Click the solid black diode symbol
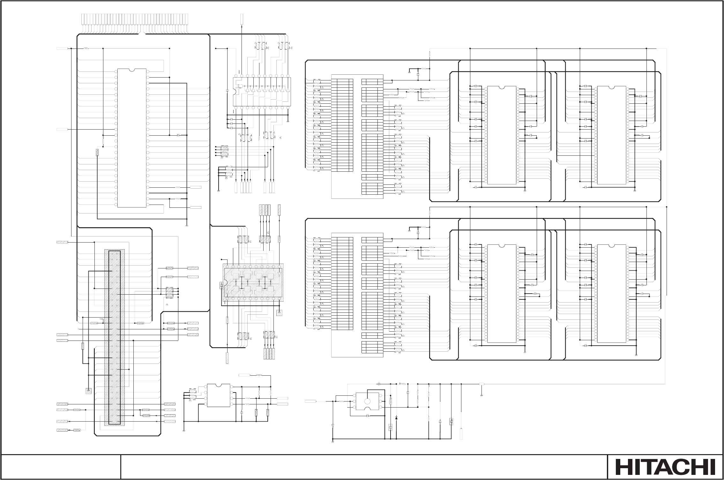click(396, 417)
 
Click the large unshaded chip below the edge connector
click(132, 138)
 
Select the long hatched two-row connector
click(115, 338)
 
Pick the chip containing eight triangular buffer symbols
click(261, 92)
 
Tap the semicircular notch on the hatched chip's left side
click(225, 283)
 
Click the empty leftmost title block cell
click(61, 467)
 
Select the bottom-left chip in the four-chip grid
click(502, 293)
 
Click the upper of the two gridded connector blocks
click(357, 137)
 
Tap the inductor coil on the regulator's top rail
click(403, 384)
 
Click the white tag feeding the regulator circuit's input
click(310, 401)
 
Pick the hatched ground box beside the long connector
click(89, 391)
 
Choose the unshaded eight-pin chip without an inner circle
click(219, 395)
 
